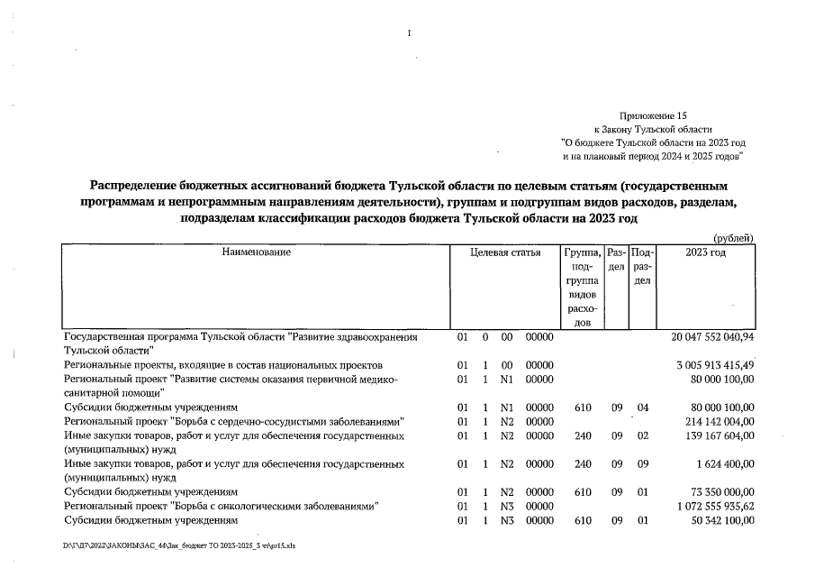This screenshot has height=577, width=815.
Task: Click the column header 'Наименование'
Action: (257, 252)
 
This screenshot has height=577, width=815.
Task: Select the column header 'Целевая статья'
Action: (505, 252)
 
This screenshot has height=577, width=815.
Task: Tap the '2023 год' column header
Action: (705, 252)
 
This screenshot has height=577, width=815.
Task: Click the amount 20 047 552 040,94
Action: (712, 336)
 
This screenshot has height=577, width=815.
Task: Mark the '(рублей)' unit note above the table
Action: (732, 237)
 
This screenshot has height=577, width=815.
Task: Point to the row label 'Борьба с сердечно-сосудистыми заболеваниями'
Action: (232, 421)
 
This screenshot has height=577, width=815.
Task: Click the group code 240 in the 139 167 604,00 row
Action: (583, 435)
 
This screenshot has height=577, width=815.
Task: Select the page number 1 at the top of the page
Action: (408, 34)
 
